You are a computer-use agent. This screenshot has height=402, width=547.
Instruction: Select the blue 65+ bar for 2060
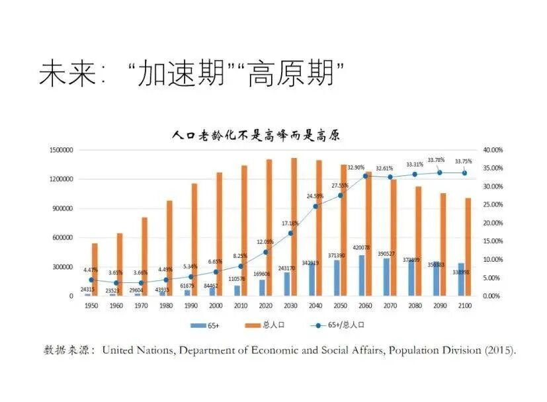click(x=361, y=278)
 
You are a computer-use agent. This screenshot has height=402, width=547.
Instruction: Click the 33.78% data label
click(x=436, y=159)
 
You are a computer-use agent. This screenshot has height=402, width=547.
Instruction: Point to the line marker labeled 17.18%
click(x=290, y=233)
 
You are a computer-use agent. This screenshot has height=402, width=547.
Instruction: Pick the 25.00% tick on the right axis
click(x=493, y=205)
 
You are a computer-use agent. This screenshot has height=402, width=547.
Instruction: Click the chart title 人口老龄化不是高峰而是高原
click(x=255, y=136)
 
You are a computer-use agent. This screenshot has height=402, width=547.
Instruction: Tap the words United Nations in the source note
click(x=138, y=350)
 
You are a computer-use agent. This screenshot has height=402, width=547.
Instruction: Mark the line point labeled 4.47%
click(x=91, y=280)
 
